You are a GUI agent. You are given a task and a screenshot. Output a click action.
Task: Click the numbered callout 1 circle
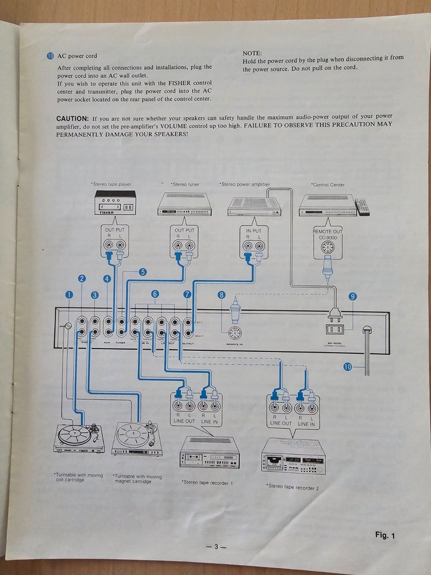click(69, 294)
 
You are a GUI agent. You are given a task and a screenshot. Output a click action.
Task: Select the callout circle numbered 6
click(155, 294)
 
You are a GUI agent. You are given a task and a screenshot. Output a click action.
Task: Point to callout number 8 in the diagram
click(222, 296)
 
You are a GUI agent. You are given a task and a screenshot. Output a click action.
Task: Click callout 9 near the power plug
click(353, 296)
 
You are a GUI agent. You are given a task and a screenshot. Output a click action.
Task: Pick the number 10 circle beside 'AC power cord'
click(50, 56)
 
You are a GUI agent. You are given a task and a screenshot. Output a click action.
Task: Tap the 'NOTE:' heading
click(252, 52)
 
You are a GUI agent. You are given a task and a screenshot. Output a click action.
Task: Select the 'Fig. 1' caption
click(385, 535)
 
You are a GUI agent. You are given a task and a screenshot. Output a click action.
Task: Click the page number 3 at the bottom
click(216, 547)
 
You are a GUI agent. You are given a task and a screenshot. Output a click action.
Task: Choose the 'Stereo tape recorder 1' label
click(206, 482)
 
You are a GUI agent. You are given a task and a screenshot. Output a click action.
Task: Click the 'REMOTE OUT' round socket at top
click(328, 250)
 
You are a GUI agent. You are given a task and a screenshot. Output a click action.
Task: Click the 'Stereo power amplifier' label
click(245, 184)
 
